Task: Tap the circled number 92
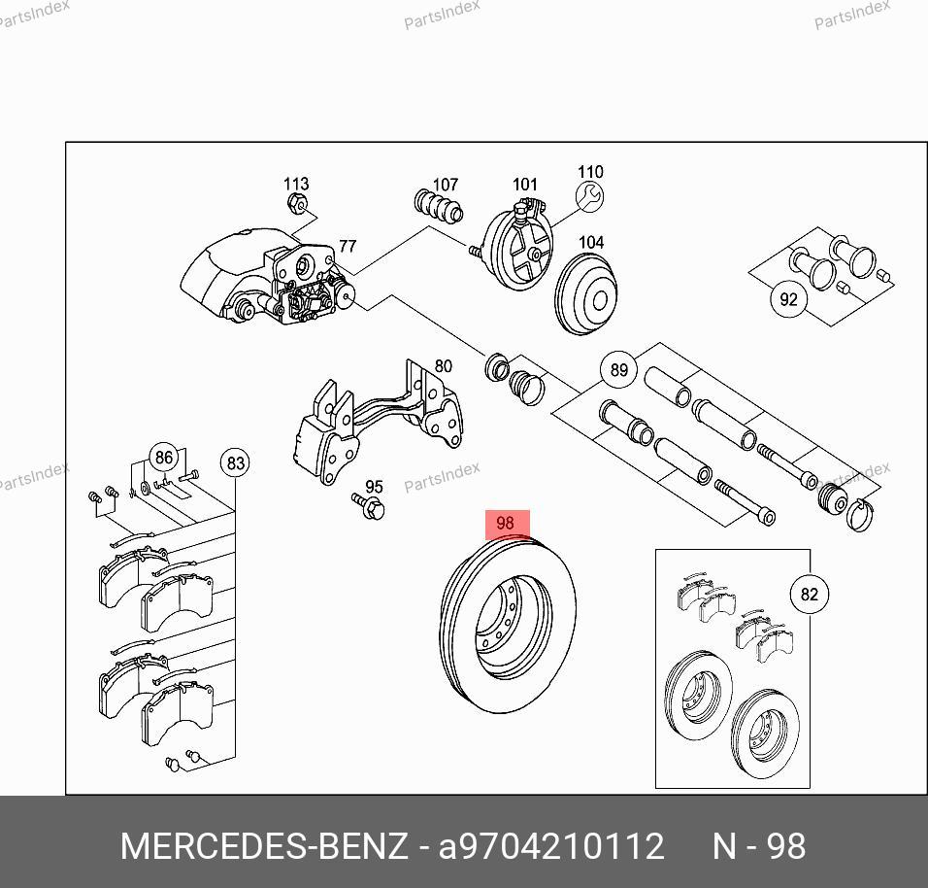(x=788, y=299)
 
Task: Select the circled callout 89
(x=618, y=369)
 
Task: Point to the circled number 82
(x=809, y=594)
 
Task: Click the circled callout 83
(x=236, y=462)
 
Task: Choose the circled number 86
(x=163, y=458)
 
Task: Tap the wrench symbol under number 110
(x=589, y=196)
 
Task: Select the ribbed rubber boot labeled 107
(x=439, y=207)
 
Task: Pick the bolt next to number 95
(x=368, y=506)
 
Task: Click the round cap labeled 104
(x=586, y=293)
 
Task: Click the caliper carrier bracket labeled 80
(x=379, y=422)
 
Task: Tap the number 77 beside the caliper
(x=348, y=245)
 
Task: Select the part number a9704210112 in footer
(x=551, y=846)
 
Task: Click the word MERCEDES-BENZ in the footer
(x=264, y=846)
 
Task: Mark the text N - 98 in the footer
(x=759, y=846)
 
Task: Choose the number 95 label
(x=374, y=487)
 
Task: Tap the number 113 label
(x=296, y=184)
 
